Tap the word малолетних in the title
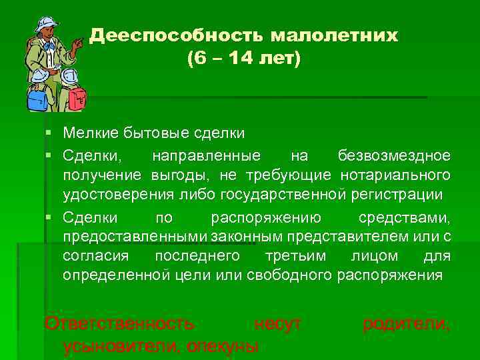coord(334,35)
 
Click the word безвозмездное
coord(394,156)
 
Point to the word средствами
coord(404,217)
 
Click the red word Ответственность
coord(119,324)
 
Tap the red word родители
coord(405,324)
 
